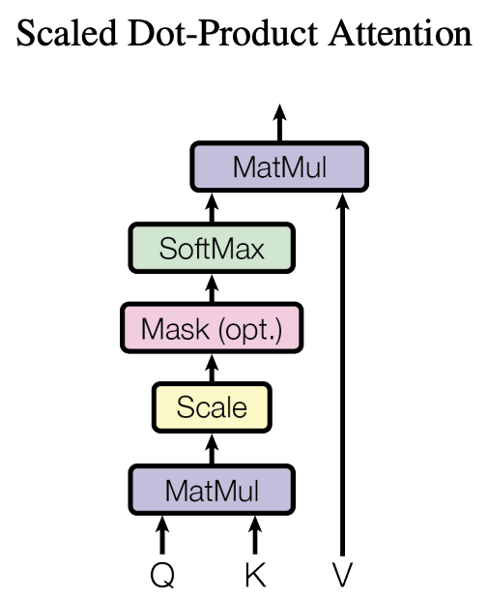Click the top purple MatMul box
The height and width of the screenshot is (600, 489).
coord(279,166)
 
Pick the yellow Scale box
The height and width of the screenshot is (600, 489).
coord(211,407)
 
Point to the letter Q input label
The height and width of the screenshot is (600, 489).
coord(162,575)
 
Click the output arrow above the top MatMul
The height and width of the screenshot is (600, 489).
coord(279,123)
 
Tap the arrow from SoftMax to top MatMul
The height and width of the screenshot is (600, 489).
coord(212,207)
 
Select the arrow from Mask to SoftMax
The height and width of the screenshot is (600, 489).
coord(212,287)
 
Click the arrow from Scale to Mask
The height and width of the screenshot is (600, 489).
coord(212,368)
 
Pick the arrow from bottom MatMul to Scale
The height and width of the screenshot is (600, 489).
coord(212,447)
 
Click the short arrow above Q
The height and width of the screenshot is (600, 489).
coord(162,535)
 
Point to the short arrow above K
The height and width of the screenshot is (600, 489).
coord(255,535)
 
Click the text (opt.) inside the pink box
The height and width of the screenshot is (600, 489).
coord(250,329)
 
